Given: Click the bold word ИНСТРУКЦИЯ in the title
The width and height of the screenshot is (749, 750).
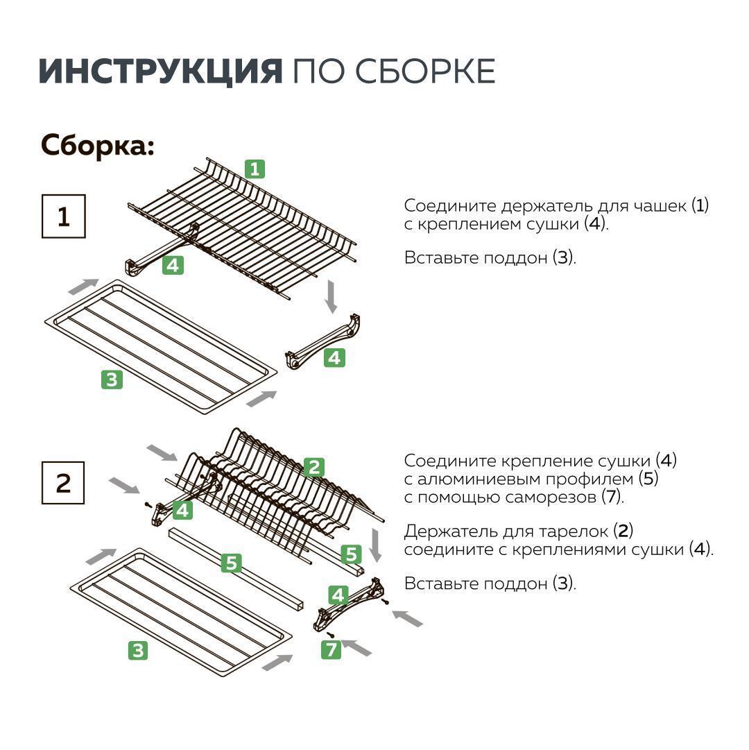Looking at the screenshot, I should pos(160,71).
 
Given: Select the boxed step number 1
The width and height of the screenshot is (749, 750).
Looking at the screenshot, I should pos(63,217).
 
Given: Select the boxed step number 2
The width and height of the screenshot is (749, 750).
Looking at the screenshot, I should pos(63,483).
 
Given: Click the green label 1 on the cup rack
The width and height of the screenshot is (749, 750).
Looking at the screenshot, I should pos(255,169).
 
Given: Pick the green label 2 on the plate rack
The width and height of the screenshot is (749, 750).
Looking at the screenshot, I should pos(314,468).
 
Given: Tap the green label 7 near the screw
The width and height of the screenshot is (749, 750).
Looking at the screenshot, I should pos(332,649).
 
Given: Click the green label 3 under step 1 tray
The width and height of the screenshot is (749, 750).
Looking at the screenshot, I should pos(112,380).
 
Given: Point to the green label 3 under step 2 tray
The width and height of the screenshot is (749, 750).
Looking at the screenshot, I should pos(138,650).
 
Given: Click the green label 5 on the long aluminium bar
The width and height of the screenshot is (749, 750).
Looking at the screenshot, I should pos(232,563).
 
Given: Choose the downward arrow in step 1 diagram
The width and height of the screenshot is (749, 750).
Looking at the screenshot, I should pos(332,296).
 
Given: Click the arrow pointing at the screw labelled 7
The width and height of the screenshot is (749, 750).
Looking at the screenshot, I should pos(357,648).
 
